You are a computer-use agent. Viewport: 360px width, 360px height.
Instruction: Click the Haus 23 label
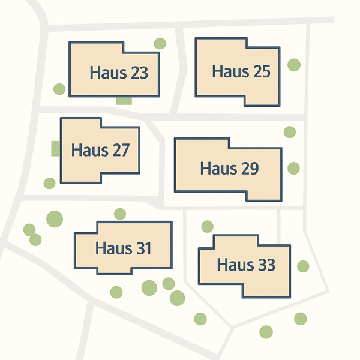pos(119,73)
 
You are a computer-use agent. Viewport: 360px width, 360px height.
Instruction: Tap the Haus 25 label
pos(241,71)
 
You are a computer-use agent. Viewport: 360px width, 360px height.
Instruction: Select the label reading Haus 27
pos(100,149)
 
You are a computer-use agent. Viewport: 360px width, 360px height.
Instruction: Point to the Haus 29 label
pos(229,168)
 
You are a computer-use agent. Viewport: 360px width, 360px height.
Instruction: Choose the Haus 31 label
pos(123,247)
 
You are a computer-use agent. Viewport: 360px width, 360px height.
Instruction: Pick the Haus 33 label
pos(246,264)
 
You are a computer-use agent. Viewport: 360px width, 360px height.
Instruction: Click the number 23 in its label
pos(138,73)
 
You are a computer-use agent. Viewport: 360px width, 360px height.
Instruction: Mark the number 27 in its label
pos(120,149)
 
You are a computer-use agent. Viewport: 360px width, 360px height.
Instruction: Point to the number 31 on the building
pos(143,247)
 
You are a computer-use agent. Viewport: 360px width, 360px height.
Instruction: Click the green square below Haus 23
pos(124,100)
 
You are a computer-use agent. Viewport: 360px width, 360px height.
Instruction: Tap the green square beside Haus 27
pos(56,148)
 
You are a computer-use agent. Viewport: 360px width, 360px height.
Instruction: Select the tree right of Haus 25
pos(294,65)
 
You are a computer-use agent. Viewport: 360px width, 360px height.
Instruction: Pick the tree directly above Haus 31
pos(120,214)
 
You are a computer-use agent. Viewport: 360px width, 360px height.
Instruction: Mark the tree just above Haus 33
pos(207,226)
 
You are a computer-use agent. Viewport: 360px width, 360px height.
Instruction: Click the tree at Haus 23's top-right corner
pos(160,44)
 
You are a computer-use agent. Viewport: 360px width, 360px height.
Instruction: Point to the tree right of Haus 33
pos(303,266)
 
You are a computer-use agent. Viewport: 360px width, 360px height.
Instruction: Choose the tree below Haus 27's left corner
pos(50,183)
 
